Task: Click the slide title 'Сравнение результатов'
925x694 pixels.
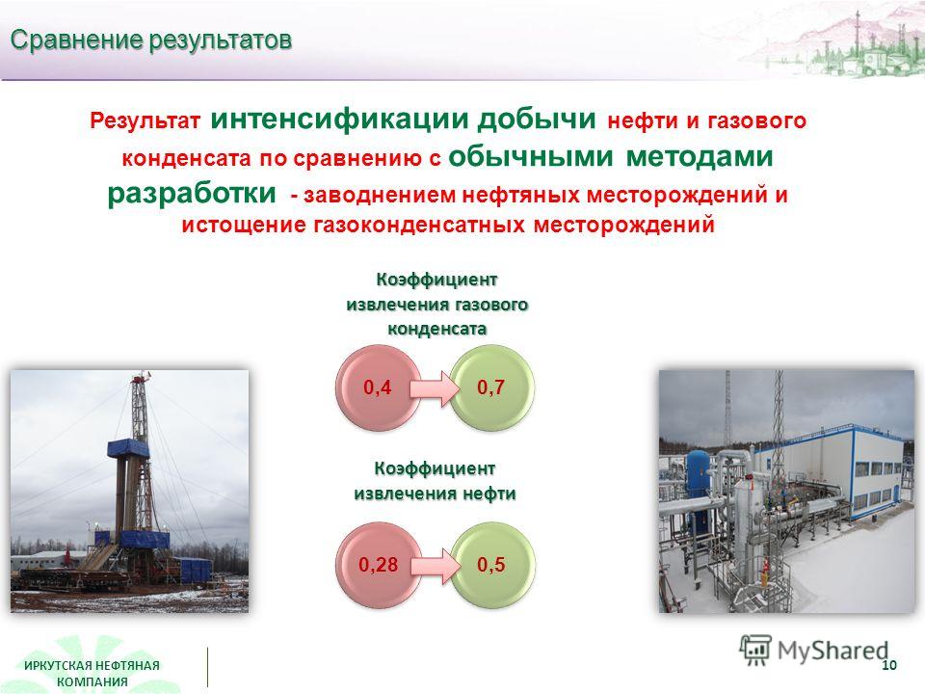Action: [151, 40]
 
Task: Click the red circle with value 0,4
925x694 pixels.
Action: [378, 387]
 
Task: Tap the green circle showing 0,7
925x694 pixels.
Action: [492, 387]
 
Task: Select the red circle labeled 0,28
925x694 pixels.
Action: [378, 565]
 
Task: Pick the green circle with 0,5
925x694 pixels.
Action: [492, 565]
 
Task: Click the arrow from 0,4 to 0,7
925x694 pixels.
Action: [435, 388]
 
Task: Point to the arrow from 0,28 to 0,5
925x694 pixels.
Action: [435, 566]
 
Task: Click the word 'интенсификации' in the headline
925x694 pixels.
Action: [340, 118]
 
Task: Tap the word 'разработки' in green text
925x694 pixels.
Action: [192, 193]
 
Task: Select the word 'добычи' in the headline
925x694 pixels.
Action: [537, 118]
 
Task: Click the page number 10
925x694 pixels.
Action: [889, 665]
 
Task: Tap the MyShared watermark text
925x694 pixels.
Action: [832, 651]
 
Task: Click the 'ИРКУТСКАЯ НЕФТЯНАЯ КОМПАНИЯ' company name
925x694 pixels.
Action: [92, 674]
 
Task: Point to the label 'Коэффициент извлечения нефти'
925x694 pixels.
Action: [436, 480]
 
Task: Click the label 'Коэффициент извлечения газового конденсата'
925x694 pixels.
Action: [437, 304]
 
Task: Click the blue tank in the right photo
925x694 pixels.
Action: [700, 472]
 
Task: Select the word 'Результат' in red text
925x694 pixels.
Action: [145, 121]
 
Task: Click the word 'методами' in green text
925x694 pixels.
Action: [700, 156]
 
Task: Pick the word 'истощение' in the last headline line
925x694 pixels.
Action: [244, 225]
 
